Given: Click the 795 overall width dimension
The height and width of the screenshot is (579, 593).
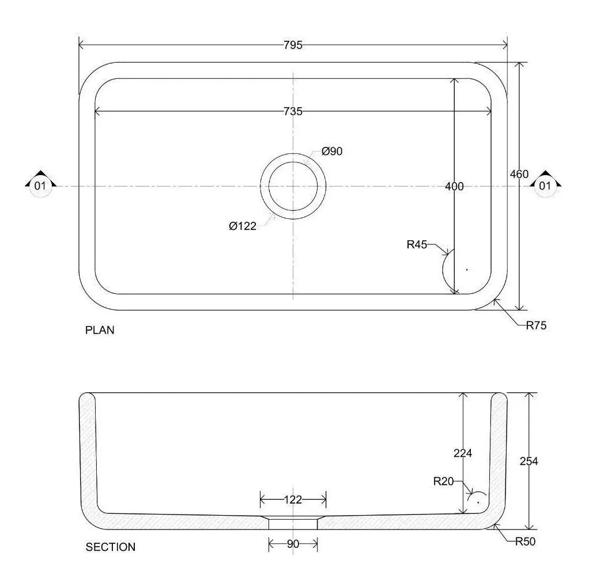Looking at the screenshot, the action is coord(293,45).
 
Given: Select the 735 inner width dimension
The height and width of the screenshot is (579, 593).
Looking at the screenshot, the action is coord(293,111).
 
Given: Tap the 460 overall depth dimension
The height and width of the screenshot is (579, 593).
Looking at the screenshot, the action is coord(519,175).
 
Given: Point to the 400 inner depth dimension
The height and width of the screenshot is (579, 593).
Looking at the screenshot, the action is coord(454,186).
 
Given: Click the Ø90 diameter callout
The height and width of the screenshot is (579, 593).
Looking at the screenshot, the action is coord(332,152).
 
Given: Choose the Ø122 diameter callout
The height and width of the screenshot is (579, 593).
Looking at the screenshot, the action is coord(243,226).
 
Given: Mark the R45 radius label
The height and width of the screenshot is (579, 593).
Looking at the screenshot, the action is coord(417,245).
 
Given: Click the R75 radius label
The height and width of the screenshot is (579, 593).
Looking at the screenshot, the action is coord(537,326).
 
